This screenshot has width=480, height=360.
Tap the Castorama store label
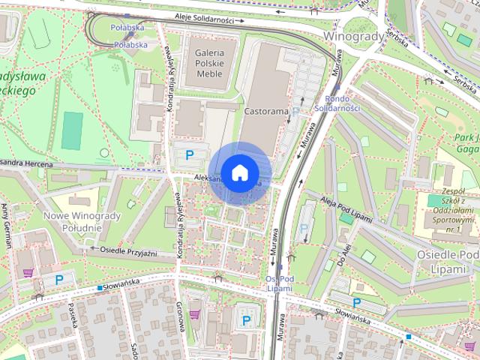click(266, 111)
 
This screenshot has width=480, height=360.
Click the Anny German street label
click(7, 226)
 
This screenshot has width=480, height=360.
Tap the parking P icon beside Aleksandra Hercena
click(190, 155)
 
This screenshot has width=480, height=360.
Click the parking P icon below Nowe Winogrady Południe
click(59, 280)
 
